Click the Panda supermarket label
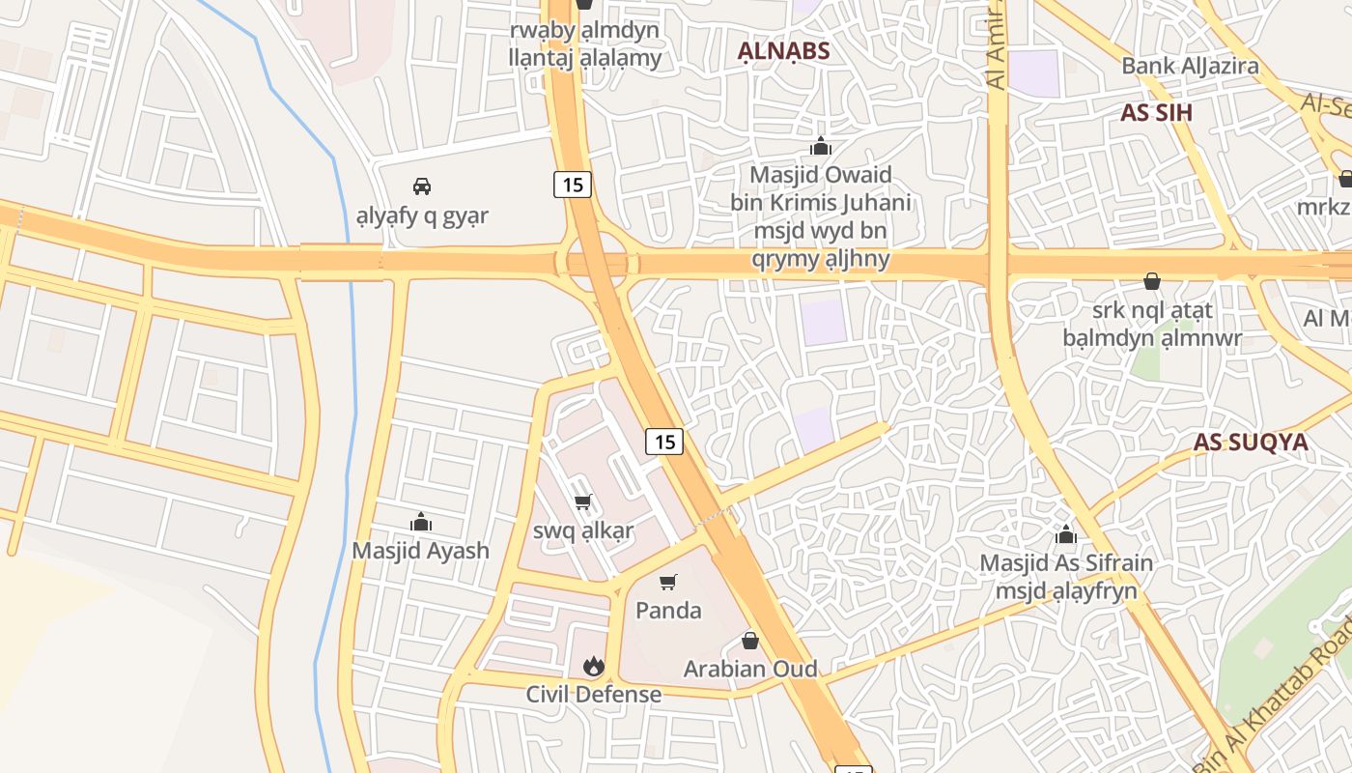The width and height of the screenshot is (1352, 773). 668,611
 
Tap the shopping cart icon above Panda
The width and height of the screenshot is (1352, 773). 667,582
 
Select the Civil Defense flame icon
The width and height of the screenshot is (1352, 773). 594,666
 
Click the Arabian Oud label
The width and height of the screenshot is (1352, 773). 750,669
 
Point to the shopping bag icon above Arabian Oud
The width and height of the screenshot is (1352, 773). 750,640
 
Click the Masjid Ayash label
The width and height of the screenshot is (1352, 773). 420,551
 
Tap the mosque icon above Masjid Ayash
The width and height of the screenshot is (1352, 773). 421,523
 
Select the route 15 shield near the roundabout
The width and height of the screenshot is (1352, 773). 573,184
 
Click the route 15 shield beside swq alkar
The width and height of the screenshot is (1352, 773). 664,442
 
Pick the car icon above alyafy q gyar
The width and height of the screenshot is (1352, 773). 421,186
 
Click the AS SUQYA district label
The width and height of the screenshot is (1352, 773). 1251,443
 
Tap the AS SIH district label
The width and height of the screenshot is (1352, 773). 1156,112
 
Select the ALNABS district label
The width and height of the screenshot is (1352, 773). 784,50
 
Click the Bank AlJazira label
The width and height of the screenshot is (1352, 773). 1190,66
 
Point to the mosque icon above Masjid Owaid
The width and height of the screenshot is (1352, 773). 821,147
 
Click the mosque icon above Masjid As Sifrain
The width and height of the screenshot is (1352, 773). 1066,534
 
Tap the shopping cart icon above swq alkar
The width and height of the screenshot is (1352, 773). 582,502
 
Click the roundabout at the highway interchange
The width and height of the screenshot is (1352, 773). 596,262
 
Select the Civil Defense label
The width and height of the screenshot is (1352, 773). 594,694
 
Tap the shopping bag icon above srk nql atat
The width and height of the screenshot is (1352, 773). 1151,281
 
